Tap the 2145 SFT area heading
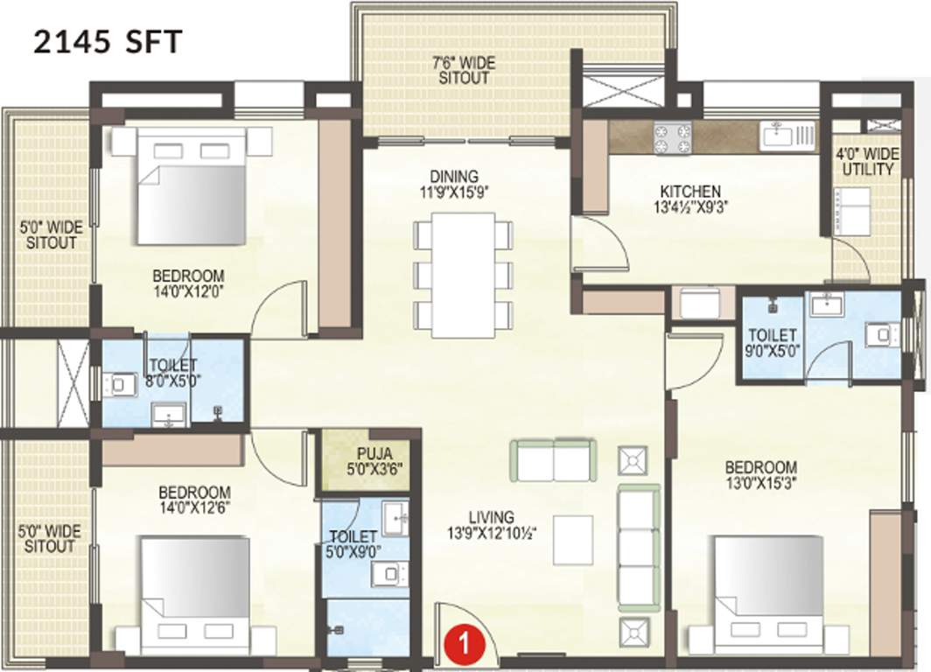(x=107, y=41)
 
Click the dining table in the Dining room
(x=463, y=274)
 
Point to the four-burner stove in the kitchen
(x=672, y=137)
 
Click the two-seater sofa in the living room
(x=553, y=460)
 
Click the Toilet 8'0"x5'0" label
(x=172, y=372)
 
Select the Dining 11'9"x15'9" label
(x=459, y=182)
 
